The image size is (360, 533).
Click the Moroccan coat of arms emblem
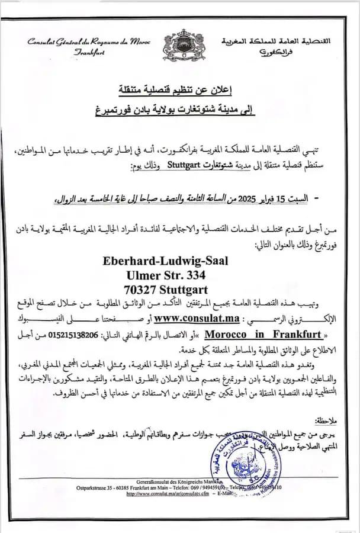pyautogui.click(x=180, y=44)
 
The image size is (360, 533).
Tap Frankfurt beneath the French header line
pyautogui.click(x=88, y=52)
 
